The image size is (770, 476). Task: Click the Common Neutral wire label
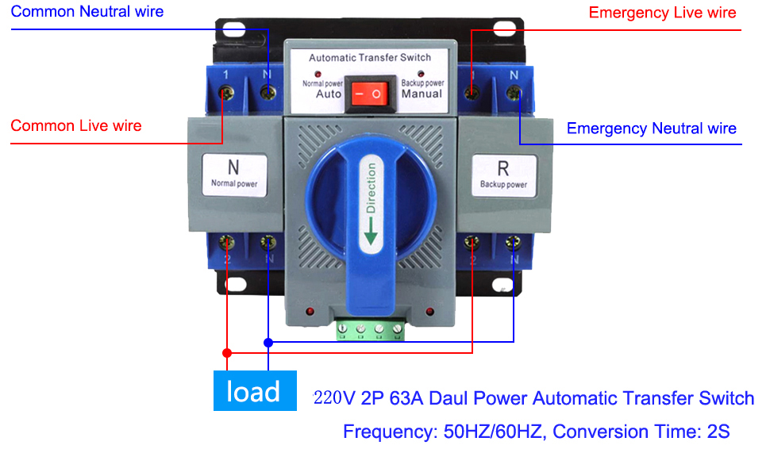pos(87,11)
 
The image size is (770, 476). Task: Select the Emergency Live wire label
pos(662,12)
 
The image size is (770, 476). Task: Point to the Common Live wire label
pos(76,125)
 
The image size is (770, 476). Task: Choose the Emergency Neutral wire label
pos(651,128)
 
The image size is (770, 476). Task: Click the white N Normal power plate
pos(234,174)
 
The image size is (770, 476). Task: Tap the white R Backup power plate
pos(503,175)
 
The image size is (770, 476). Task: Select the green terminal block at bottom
pos(370,329)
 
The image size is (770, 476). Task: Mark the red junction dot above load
pos(227,352)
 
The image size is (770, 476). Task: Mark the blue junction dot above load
pos(268,343)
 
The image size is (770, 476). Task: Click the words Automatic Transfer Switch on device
pos(369,57)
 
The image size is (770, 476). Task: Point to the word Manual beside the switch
pos(422,94)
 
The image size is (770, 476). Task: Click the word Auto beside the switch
pos(329,94)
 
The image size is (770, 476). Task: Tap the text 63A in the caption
pos(405,398)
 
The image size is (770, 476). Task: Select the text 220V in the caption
pos(334,398)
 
